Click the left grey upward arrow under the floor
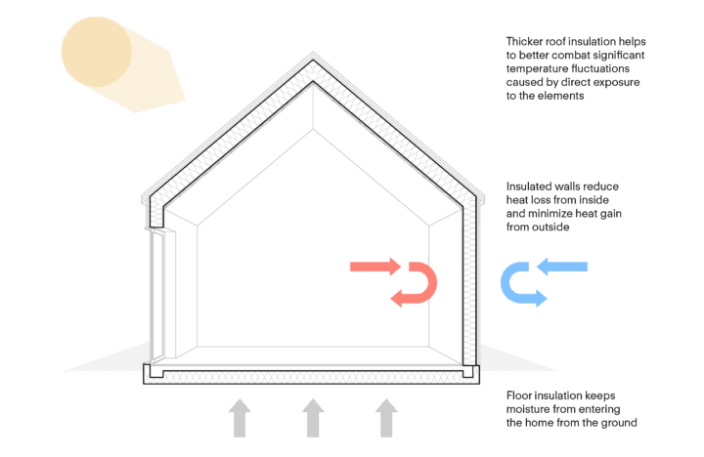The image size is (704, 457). [241, 418]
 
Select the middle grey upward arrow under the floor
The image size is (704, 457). [312, 418]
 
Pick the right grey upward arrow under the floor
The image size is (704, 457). [385, 418]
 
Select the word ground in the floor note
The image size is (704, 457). [617, 424]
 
